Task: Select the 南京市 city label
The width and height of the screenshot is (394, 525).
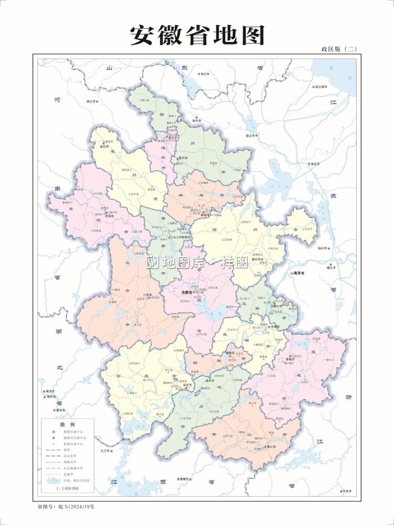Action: tap(302, 274)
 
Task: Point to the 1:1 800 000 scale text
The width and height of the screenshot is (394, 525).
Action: tap(67, 488)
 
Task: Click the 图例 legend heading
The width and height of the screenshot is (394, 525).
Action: tap(67, 424)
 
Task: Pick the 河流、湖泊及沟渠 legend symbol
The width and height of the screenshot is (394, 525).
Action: tap(52, 480)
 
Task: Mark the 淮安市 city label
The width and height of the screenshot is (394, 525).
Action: tap(315, 164)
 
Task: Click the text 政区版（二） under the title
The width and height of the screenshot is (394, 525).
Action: tap(339, 49)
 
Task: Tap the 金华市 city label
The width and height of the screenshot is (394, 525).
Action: tap(345, 491)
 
